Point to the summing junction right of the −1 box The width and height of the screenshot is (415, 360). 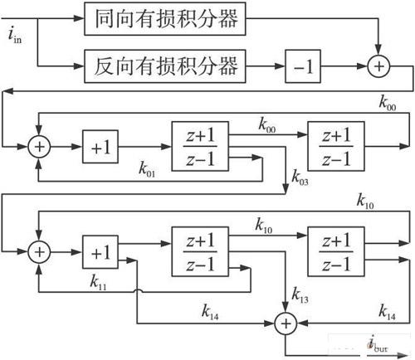(379, 64)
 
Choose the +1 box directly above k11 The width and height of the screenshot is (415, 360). (101, 248)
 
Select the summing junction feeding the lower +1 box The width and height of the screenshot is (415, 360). (38, 248)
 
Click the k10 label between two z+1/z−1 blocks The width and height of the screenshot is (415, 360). (266, 226)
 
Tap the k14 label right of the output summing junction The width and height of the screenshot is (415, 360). (387, 310)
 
